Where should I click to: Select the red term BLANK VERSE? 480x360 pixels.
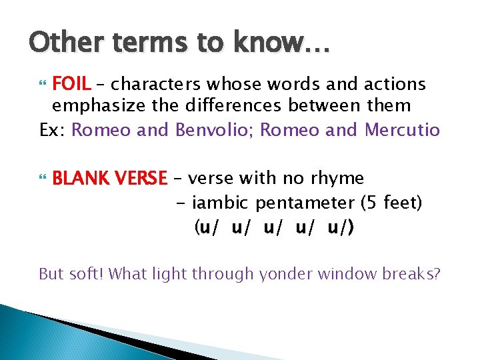click(109, 179)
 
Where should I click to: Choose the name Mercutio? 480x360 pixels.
click(402, 130)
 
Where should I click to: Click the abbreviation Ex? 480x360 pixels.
click(53, 130)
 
